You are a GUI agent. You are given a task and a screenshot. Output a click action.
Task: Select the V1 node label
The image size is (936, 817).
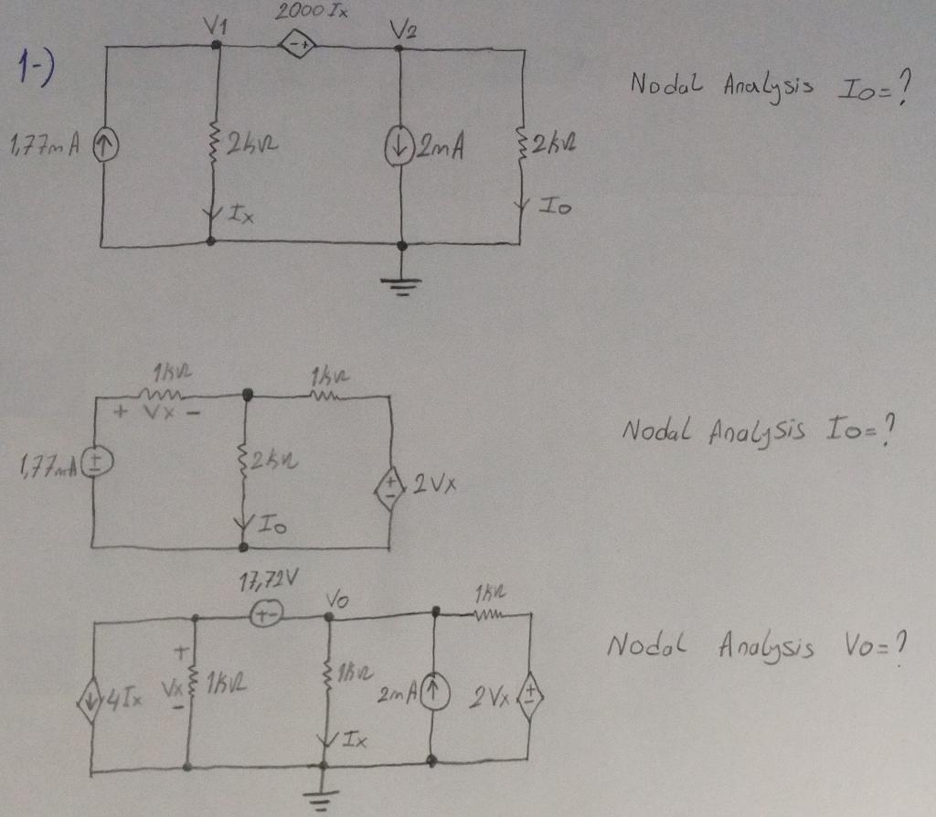[220, 27]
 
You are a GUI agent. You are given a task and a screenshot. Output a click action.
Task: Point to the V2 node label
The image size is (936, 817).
[403, 29]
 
